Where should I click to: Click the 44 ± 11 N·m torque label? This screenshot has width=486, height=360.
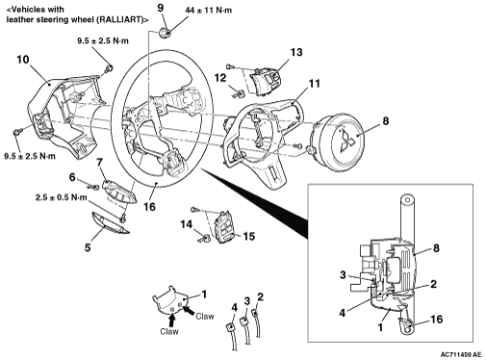point(208,11)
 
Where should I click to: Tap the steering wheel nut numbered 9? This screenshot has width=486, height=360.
point(165,33)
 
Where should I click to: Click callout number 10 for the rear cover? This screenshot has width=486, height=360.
point(23,60)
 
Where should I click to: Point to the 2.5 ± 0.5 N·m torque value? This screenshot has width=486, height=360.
point(62,197)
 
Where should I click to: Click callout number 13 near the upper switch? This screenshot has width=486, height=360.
point(296,52)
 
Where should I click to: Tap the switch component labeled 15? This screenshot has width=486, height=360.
point(225,227)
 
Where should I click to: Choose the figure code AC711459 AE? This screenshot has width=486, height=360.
point(461,354)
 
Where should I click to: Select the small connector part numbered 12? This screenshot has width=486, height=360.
point(239,93)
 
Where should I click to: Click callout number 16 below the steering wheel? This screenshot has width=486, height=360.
point(149,207)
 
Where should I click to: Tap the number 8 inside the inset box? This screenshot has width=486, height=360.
point(436,248)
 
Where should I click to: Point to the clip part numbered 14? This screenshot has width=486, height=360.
point(205,239)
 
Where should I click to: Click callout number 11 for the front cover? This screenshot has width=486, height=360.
point(315,84)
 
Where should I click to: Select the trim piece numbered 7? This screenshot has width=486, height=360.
point(119,192)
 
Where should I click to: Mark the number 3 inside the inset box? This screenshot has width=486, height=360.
point(343,275)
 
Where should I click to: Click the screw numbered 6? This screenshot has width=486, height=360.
point(93,187)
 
